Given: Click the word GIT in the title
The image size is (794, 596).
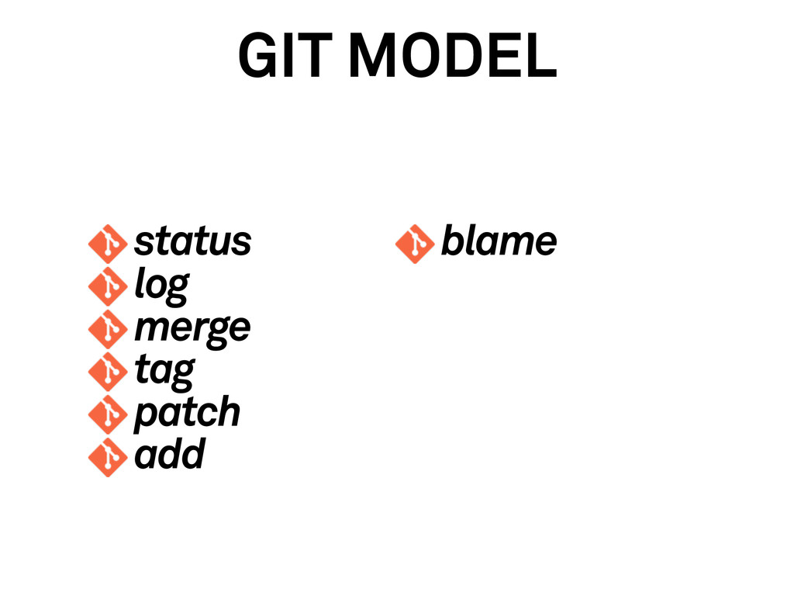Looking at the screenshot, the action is coord(286,57).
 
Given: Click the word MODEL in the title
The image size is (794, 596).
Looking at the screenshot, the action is coord(453,57).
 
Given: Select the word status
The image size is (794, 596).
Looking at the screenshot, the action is coord(192,242).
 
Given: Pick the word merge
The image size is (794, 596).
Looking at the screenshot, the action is coord(192,328).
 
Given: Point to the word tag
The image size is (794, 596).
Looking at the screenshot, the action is coord(164,371).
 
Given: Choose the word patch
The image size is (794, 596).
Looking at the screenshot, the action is coord(187,412).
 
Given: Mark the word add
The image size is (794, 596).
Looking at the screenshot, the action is coord(169,455).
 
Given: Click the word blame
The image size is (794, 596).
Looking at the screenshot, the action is coord(499,242).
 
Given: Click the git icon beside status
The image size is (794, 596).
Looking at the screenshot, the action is coord(107,244).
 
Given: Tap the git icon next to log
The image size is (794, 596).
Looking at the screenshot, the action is coord(107,287).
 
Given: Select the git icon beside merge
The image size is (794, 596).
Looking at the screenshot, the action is coord(107,329).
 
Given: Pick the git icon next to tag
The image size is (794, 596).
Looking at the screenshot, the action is coord(107,372).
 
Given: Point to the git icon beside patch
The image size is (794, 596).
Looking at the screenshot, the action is coord(107,414).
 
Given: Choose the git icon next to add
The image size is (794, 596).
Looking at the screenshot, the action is coord(107,457).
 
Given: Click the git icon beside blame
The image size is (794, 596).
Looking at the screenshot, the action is coord(415,244).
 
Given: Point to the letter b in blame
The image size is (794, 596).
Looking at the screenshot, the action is coord(451,241).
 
